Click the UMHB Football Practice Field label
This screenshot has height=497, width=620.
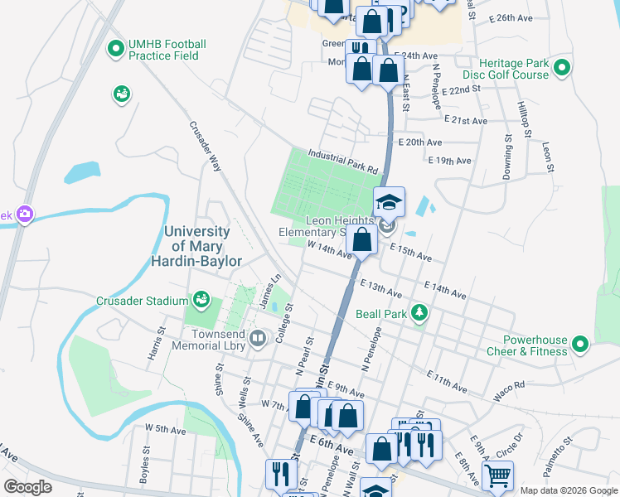167,50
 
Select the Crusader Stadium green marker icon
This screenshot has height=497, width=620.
200,298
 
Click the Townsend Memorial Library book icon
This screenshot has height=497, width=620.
258,337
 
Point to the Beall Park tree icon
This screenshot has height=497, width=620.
420,312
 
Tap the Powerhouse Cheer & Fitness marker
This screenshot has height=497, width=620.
579,343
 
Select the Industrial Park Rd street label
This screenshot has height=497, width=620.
342,160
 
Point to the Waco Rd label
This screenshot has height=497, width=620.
509,392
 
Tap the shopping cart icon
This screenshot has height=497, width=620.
497,475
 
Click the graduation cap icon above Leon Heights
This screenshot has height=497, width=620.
388,201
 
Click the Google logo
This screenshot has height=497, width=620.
28,486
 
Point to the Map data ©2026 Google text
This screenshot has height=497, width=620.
568,490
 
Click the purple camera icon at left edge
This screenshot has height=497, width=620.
24,215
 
